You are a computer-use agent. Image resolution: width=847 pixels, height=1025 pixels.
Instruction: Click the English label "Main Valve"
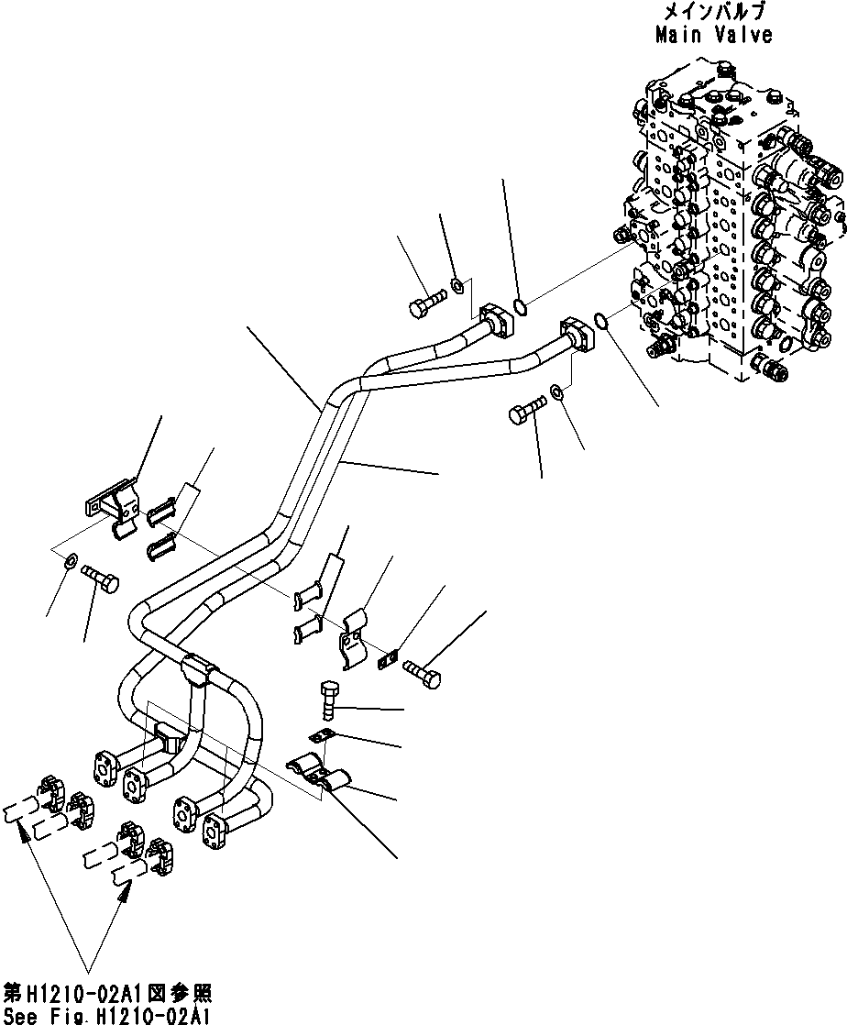pyautogui.click(x=713, y=36)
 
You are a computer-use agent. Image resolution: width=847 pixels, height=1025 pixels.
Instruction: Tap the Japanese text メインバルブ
pyautogui.click(x=713, y=13)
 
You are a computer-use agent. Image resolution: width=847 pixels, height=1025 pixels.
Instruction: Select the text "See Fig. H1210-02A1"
pyautogui.click(x=108, y=1014)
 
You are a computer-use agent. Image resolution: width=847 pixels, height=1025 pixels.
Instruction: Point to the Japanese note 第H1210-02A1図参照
pyautogui.click(x=108, y=994)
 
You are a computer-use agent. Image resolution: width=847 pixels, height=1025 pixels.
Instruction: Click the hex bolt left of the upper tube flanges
pyautogui.click(x=426, y=305)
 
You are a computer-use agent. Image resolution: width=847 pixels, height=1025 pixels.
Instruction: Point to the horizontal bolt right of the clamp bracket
pyautogui.click(x=421, y=674)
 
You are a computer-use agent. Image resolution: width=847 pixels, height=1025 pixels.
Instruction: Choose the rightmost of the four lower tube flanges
pyautogui.click(x=220, y=828)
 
